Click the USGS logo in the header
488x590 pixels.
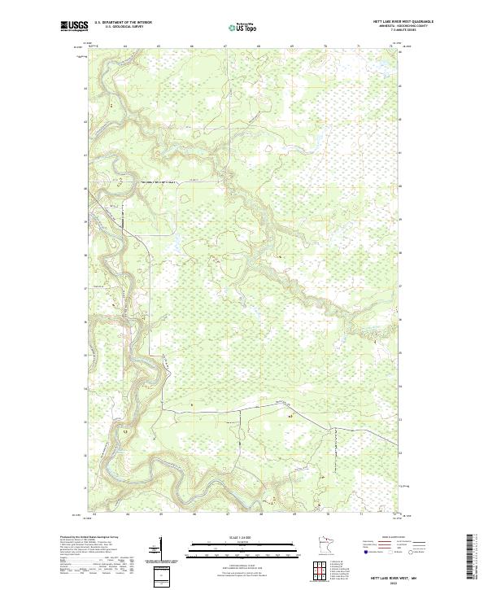click(74, 27)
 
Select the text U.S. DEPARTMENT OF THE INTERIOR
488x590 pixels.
click(123, 22)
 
